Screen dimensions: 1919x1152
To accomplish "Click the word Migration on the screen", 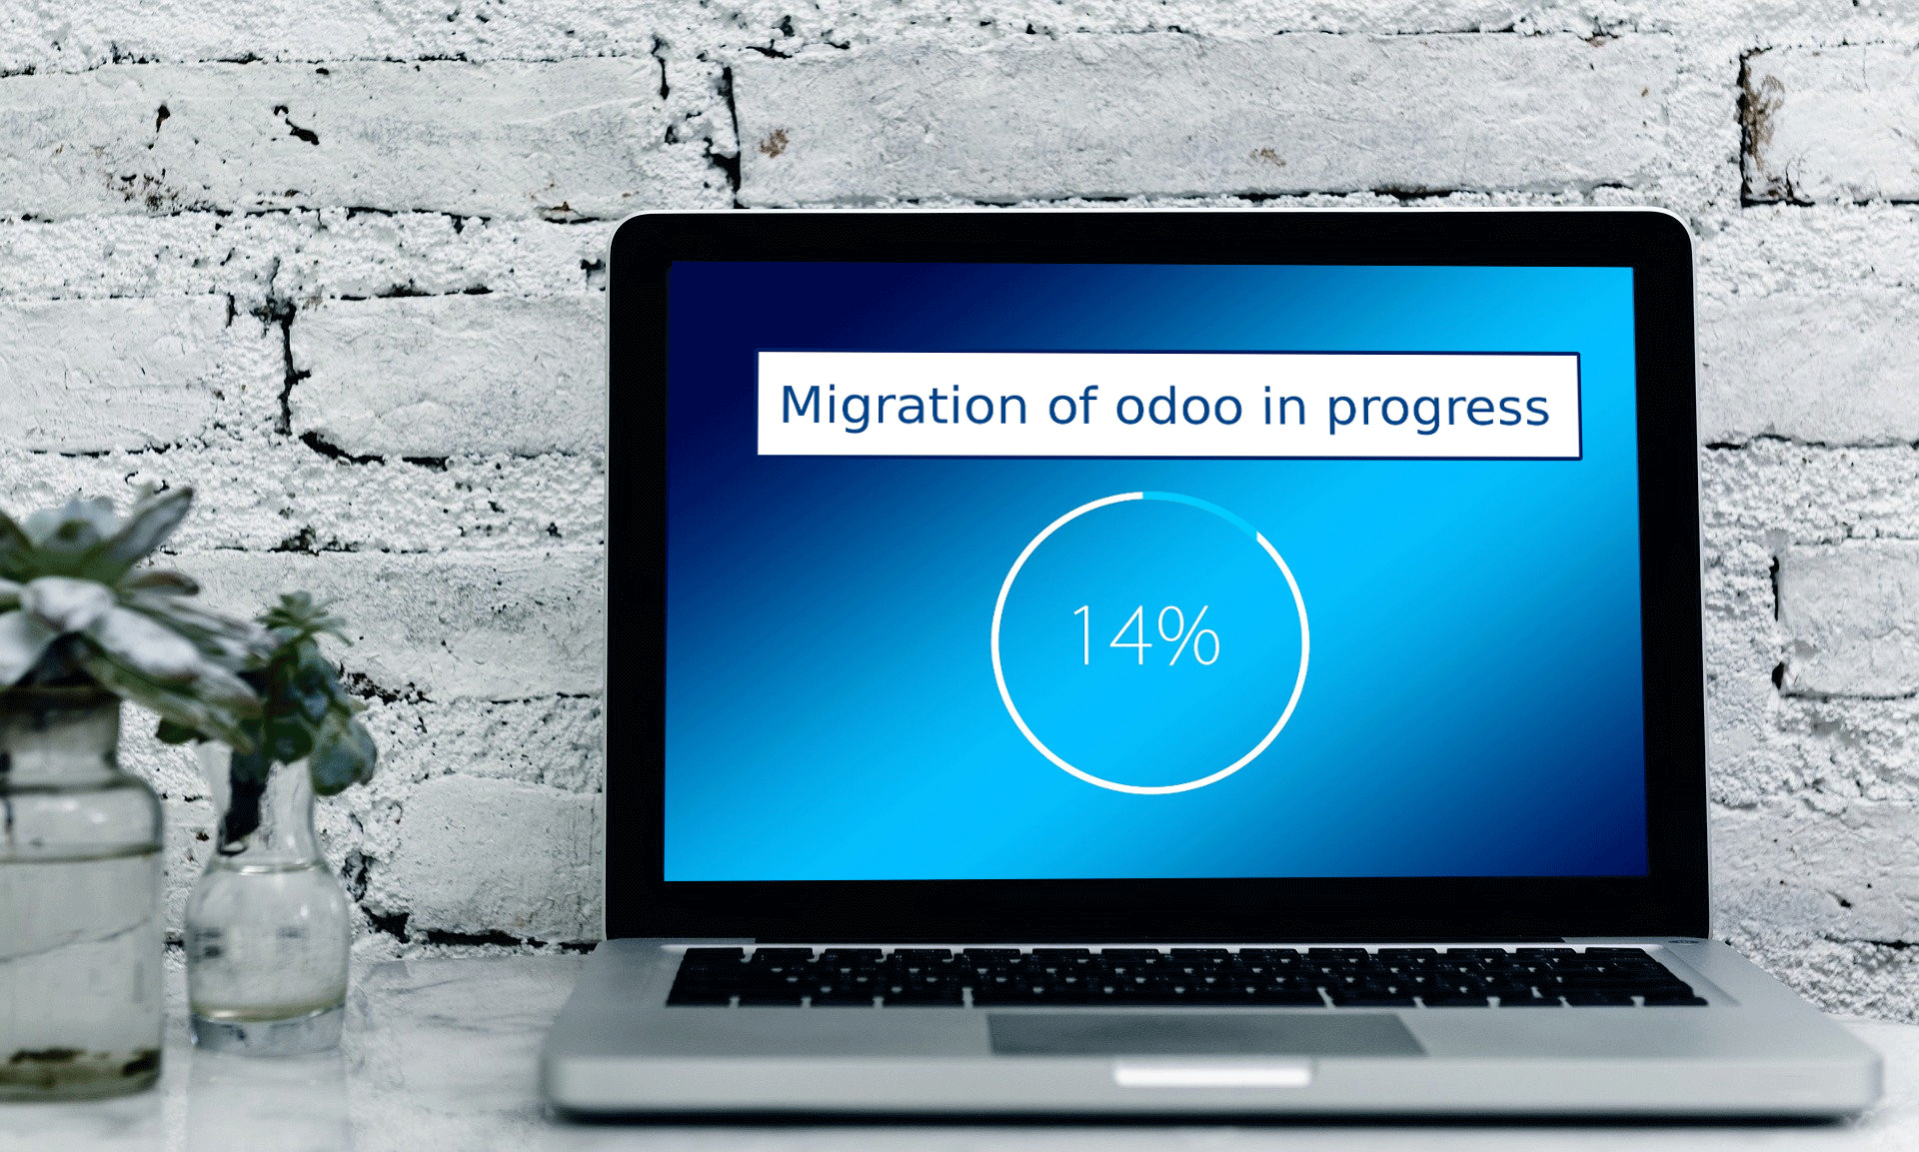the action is coord(904,408).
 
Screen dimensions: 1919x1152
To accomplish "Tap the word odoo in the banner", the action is coord(1179,407).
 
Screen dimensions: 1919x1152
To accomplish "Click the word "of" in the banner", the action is coord(1071,406).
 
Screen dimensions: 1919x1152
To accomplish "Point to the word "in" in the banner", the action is coord(1284,407).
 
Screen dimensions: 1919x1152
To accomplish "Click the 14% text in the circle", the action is coord(1145,635).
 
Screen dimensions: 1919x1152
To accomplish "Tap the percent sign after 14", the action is coord(1189,635).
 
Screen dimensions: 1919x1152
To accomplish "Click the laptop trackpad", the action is coord(1205,1033).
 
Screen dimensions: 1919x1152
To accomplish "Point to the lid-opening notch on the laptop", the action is coord(1211,1076).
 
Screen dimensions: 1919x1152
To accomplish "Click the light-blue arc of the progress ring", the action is coord(1204,507).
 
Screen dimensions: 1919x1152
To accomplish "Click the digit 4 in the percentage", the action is coord(1130,635).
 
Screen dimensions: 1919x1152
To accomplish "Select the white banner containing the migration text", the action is coord(1168,406).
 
